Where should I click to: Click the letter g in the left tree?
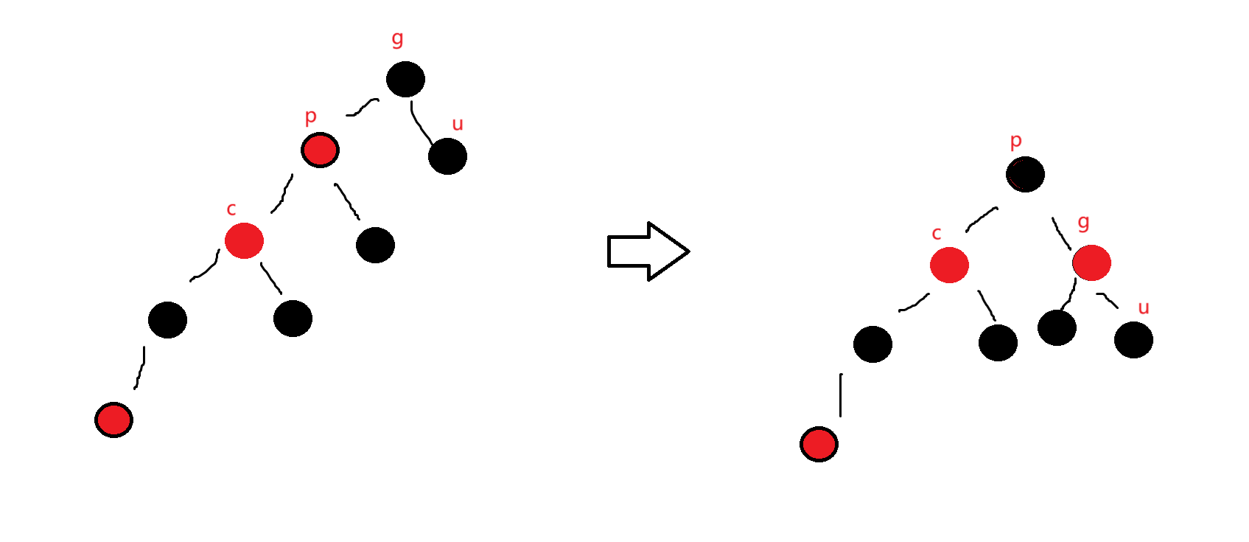point(397,38)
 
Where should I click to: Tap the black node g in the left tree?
point(405,79)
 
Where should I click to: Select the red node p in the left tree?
point(320,150)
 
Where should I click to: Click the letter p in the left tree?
point(310,117)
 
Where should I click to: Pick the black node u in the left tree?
point(447,156)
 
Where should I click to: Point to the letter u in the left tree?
point(458,125)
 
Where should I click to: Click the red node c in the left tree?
point(244,240)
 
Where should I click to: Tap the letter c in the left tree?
point(231,209)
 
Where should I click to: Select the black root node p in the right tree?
point(1025,175)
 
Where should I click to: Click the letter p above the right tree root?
point(1015,141)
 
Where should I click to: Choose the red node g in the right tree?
point(1091,263)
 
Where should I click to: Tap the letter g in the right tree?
point(1083,223)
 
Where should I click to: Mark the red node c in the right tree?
point(949,265)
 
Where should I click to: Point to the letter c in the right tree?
point(937,234)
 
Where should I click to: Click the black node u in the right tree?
point(1133,340)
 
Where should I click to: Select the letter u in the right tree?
point(1144,308)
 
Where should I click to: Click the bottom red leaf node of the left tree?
point(114,420)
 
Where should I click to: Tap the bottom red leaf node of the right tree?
point(819,444)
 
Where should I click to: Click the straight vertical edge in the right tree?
point(841,395)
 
